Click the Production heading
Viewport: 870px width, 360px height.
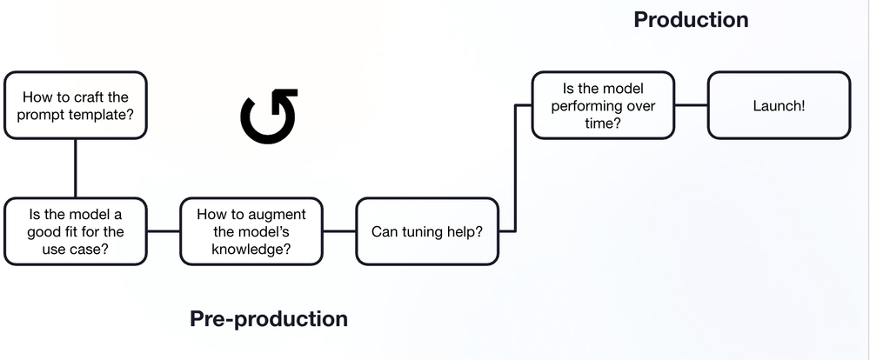(691, 19)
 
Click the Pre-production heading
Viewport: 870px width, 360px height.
(268, 319)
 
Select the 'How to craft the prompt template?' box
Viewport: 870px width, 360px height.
(75, 105)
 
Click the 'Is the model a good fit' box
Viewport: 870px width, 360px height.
(75, 231)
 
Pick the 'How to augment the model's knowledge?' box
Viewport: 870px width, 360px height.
(251, 231)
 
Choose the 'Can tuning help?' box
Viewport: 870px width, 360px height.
(427, 231)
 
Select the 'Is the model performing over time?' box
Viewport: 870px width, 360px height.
(603, 105)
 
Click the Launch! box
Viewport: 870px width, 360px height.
(779, 105)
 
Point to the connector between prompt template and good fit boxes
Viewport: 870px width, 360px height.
(75, 168)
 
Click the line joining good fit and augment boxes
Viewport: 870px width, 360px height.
(163, 231)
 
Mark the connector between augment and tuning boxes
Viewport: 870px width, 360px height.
(338, 231)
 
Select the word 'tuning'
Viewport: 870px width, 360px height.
(418, 232)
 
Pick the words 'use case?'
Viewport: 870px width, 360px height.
(75, 250)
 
